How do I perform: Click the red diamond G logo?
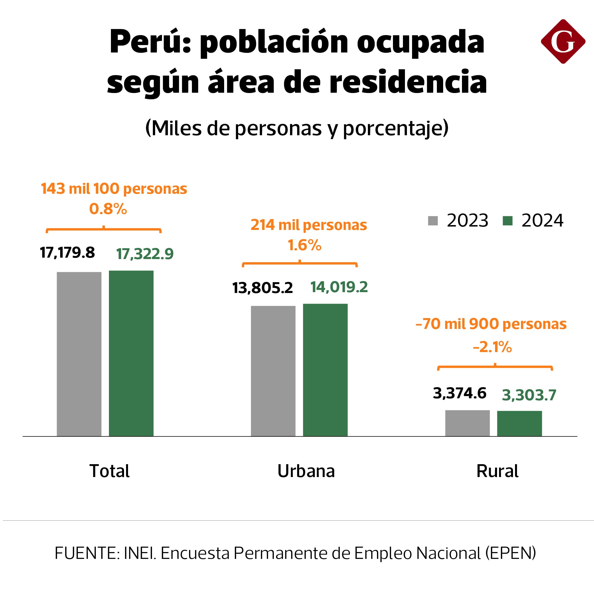pyautogui.click(x=563, y=42)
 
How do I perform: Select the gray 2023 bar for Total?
pyautogui.click(x=79, y=354)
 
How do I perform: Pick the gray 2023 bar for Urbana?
pyautogui.click(x=273, y=371)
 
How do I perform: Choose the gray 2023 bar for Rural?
pyautogui.click(x=467, y=423)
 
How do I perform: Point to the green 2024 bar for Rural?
pyautogui.click(x=519, y=423)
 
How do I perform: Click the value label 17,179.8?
pyautogui.click(x=67, y=253)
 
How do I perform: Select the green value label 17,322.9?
pyautogui.click(x=145, y=254)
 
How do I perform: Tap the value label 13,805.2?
pyautogui.click(x=263, y=288)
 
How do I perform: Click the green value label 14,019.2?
pyautogui.click(x=339, y=287)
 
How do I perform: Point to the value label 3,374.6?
pyautogui.click(x=460, y=393)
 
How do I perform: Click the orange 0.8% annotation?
pyautogui.click(x=108, y=209)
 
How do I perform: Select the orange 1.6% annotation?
pyautogui.click(x=304, y=245)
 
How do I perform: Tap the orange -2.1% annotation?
pyautogui.click(x=492, y=347)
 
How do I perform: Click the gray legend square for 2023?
pyautogui.click(x=433, y=221)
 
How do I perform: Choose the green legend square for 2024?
pyautogui.click(x=507, y=221)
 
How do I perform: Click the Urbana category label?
pyautogui.click(x=306, y=471)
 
